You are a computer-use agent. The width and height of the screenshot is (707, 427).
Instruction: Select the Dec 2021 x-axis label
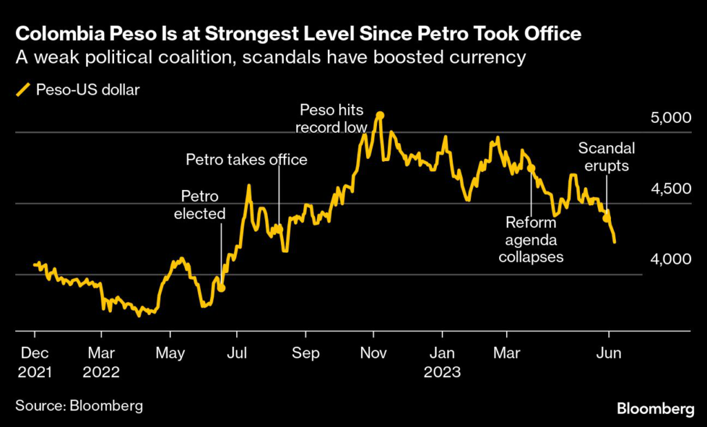[34, 362]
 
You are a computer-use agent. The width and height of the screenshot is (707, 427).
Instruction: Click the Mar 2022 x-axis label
[101, 362]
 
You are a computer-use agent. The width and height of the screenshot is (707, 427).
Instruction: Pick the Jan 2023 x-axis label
[442, 362]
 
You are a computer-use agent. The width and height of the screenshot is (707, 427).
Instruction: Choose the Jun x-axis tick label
[609, 353]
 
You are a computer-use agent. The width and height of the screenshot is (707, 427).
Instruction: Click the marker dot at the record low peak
[379, 115]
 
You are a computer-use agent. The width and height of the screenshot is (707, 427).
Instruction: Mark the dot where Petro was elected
[222, 287]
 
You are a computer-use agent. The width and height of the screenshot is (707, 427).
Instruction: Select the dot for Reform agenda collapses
[531, 168]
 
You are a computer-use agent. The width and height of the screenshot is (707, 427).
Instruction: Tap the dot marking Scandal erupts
[606, 218]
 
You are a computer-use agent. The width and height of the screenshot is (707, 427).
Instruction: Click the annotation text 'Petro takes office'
[246, 160]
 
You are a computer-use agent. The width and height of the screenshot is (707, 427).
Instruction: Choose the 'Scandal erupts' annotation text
[606, 156]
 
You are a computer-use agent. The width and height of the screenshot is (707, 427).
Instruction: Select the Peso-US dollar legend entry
[77, 88]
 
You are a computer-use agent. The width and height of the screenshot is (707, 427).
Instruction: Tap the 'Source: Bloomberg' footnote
[79, 406]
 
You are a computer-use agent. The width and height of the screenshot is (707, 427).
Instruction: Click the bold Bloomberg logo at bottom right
[655, 409]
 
